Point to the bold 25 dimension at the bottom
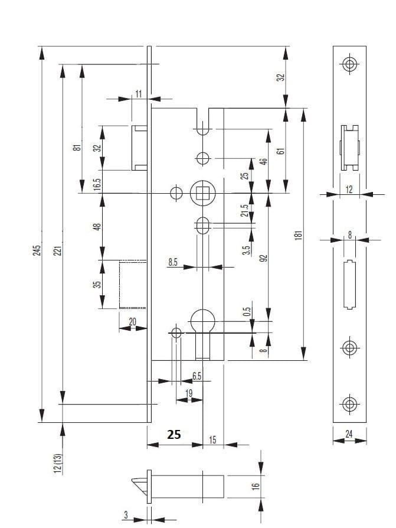pyautogui.click(x=174, y=435)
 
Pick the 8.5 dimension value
pyautogui.click(x=173, y=262)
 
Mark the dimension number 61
pyautogui.click(x=281, y=150)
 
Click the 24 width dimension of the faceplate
pyautogui.click(x=349, y=435)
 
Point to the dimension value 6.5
pyautogui.click(x=197, y=376)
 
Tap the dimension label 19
pyautogui.click(x=189, y=393)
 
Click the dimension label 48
pyautogui.click(x=97, y=226)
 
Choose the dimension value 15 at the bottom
pyautogui.click(x=212, y=439)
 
